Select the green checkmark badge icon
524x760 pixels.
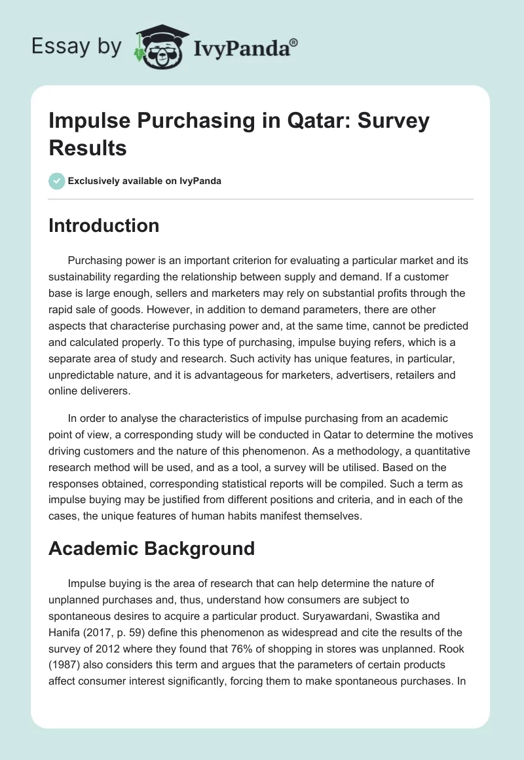click(x=57, y=181)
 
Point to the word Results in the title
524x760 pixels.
click(x=88, y=147)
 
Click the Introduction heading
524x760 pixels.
click(x=103, y=225)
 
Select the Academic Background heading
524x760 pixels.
click(x=151, y=548)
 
